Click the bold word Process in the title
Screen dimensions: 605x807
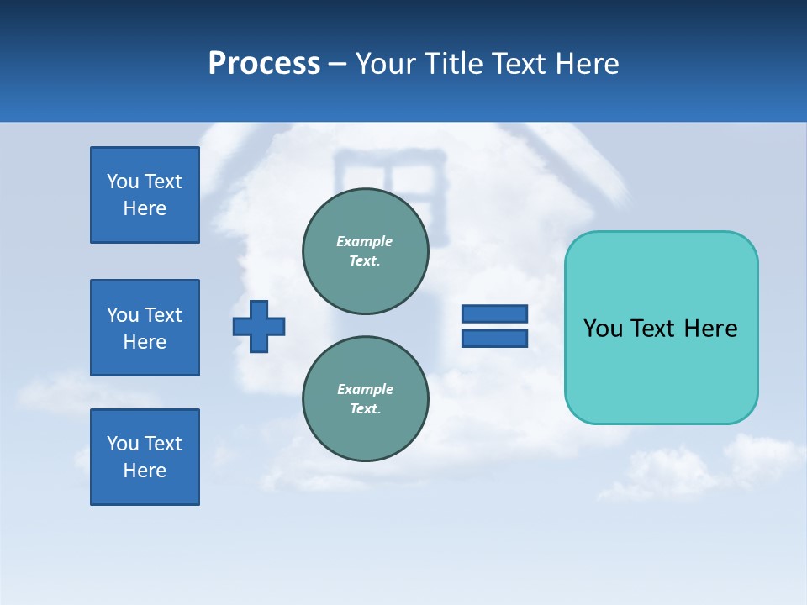pos(264,64)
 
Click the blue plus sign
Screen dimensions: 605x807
pos(259,326)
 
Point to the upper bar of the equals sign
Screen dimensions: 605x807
pos(494,313)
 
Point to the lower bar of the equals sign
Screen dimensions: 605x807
pos(494,338)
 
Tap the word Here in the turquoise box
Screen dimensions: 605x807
pos(710,329)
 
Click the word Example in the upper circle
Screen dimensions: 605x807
pos(364,241)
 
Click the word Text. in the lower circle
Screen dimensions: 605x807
pos(365,409)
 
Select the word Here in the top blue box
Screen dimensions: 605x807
pos(145,208)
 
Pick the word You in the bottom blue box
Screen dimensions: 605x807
pos(123,444)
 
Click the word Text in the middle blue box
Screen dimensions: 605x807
pos(163,315)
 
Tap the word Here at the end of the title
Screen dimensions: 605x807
pos(586,64)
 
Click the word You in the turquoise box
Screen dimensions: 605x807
pos(603,329)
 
